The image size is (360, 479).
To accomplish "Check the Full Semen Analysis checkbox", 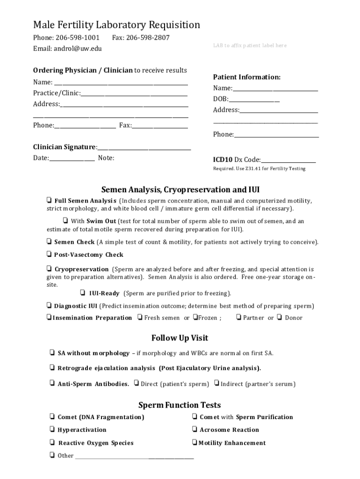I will point(49,200).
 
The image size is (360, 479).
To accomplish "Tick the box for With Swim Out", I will point(65,220).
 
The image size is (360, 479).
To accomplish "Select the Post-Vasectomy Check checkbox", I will point(49,254).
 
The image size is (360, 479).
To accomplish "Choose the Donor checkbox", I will point(279,317).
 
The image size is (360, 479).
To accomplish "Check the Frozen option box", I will point(195,318).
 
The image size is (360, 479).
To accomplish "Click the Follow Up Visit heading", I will point(180,338).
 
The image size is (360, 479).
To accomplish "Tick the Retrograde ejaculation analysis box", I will point(52,367).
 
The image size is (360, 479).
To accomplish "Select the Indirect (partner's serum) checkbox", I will point(217,384).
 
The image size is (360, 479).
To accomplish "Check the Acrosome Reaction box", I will point(194,429).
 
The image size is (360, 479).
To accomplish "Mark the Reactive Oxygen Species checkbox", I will point(52,443).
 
